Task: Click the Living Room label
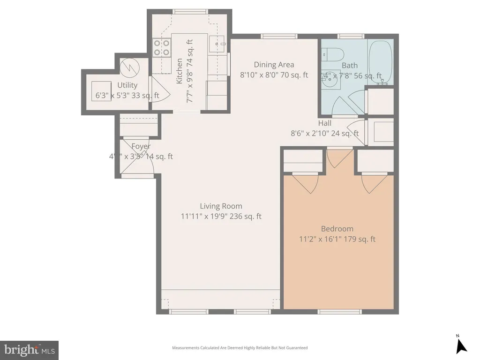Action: point(221,206)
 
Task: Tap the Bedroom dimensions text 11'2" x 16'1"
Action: point(321,239)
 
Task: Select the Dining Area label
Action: point(274,65)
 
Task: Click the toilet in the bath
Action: point(334,55)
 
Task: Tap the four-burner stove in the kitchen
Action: point(162,48)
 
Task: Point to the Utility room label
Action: point(127,85)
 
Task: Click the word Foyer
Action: point(141,146)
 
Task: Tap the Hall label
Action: point(324,123)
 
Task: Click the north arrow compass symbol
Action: point(461,345)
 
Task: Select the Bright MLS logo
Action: point(29,350)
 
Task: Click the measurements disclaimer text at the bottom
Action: point(240,348)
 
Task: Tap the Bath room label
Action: point(349,66)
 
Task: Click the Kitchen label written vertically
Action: point(179,71)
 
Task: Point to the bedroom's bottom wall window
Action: point(340,312)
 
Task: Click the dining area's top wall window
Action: point(279,36)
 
